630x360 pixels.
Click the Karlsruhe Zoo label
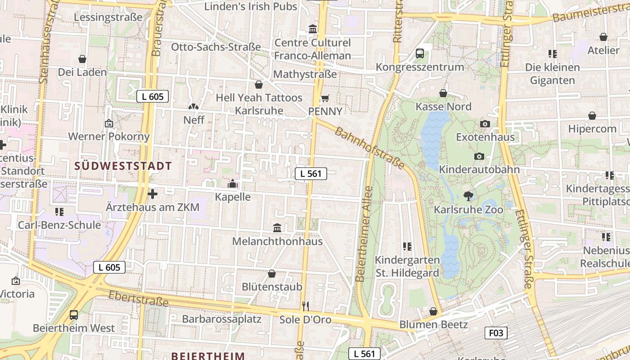468,210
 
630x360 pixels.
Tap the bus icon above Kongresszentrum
420,54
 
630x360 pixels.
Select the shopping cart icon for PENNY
325,98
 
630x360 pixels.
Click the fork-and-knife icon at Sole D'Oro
306,306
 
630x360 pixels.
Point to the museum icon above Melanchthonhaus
277,228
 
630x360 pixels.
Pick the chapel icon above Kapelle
233,184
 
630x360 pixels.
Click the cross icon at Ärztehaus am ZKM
153,194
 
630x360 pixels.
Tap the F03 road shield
496,333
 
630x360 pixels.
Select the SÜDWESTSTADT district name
123,166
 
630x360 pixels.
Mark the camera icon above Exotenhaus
485,124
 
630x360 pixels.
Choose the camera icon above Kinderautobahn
479,156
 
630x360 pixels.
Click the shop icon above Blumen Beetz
433,311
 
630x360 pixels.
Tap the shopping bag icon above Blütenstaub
272,274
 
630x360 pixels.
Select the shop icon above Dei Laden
82,59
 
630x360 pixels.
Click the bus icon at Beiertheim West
74,315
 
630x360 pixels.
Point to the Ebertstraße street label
139,298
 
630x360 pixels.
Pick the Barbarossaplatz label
221,319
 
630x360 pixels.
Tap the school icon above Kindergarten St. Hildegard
407,247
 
